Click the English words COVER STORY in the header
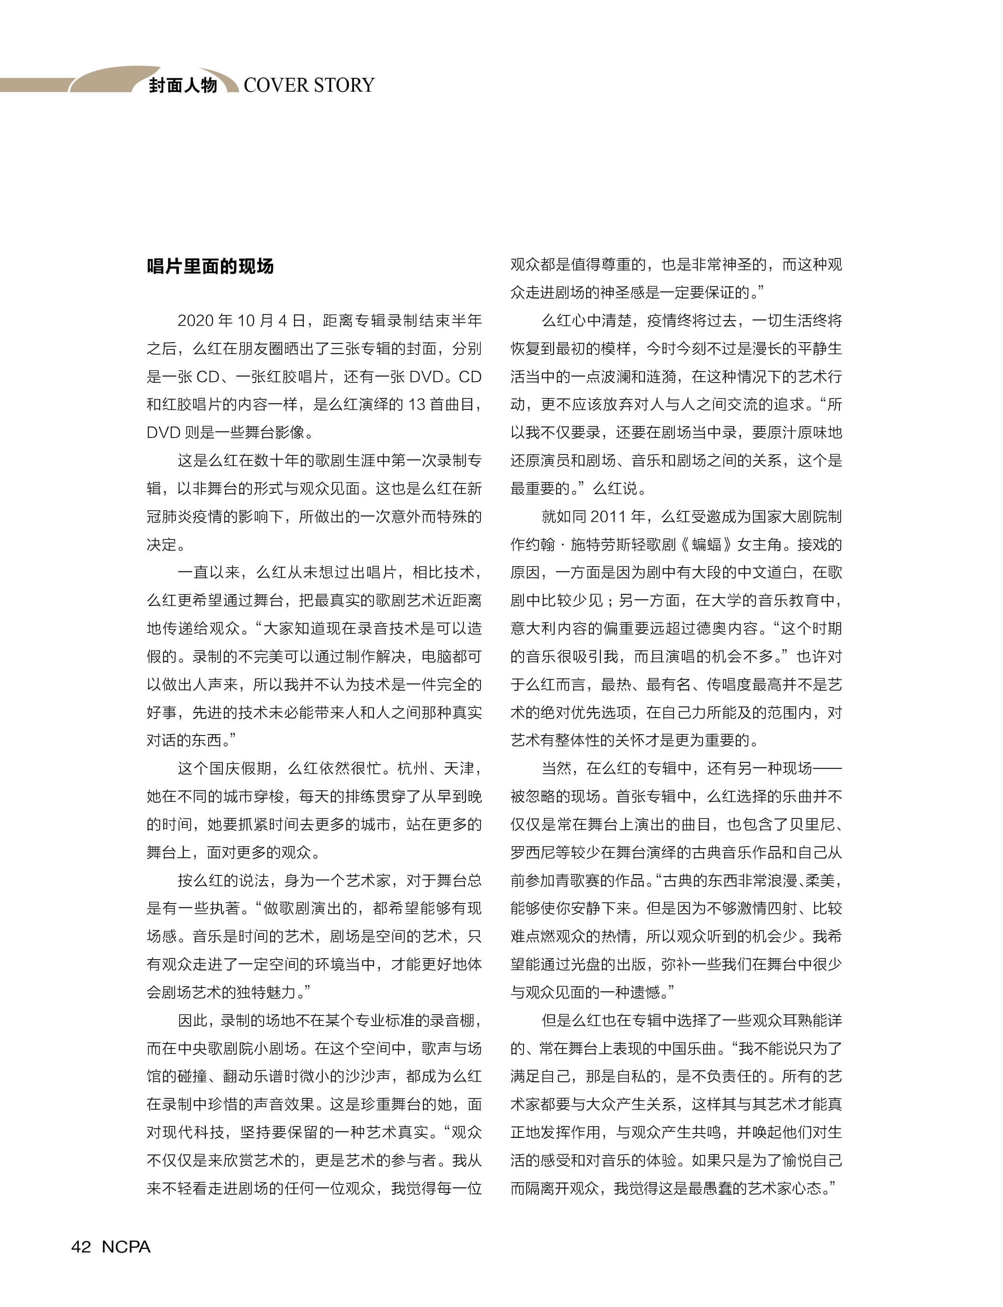(x=309, y=85)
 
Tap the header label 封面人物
(x=183, y=85)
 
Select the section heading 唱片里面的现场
(x=210, y=266)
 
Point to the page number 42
(x=81, y=1246)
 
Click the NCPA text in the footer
(x=126, y=1246)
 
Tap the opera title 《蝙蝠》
(x=704, y=545)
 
